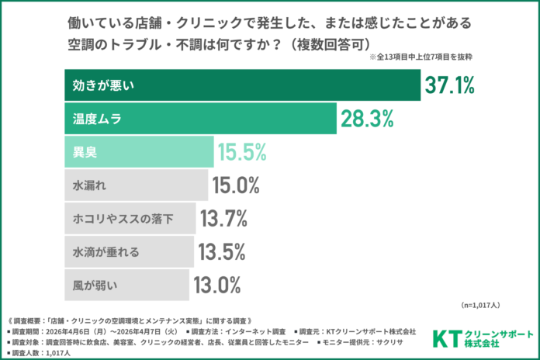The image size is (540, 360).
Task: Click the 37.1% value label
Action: point(449,86)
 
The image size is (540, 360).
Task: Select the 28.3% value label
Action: point(366,119)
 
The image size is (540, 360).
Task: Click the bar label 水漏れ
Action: point(89,186)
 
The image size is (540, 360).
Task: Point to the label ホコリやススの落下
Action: point(125,220)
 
